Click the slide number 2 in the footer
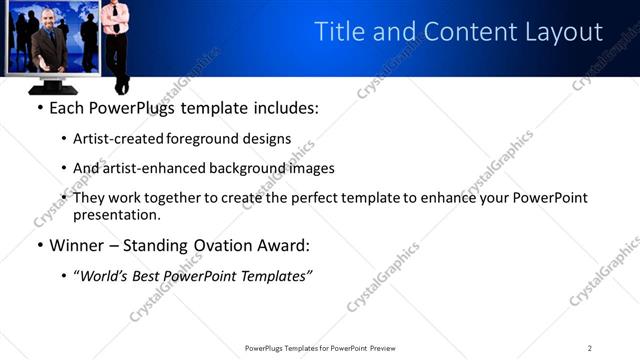(590, 348)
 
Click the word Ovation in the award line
(225, 244)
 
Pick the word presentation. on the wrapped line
(116, 214)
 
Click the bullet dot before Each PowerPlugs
(39, 107)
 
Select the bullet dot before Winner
(39, 245)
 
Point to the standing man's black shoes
(120, 87)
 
